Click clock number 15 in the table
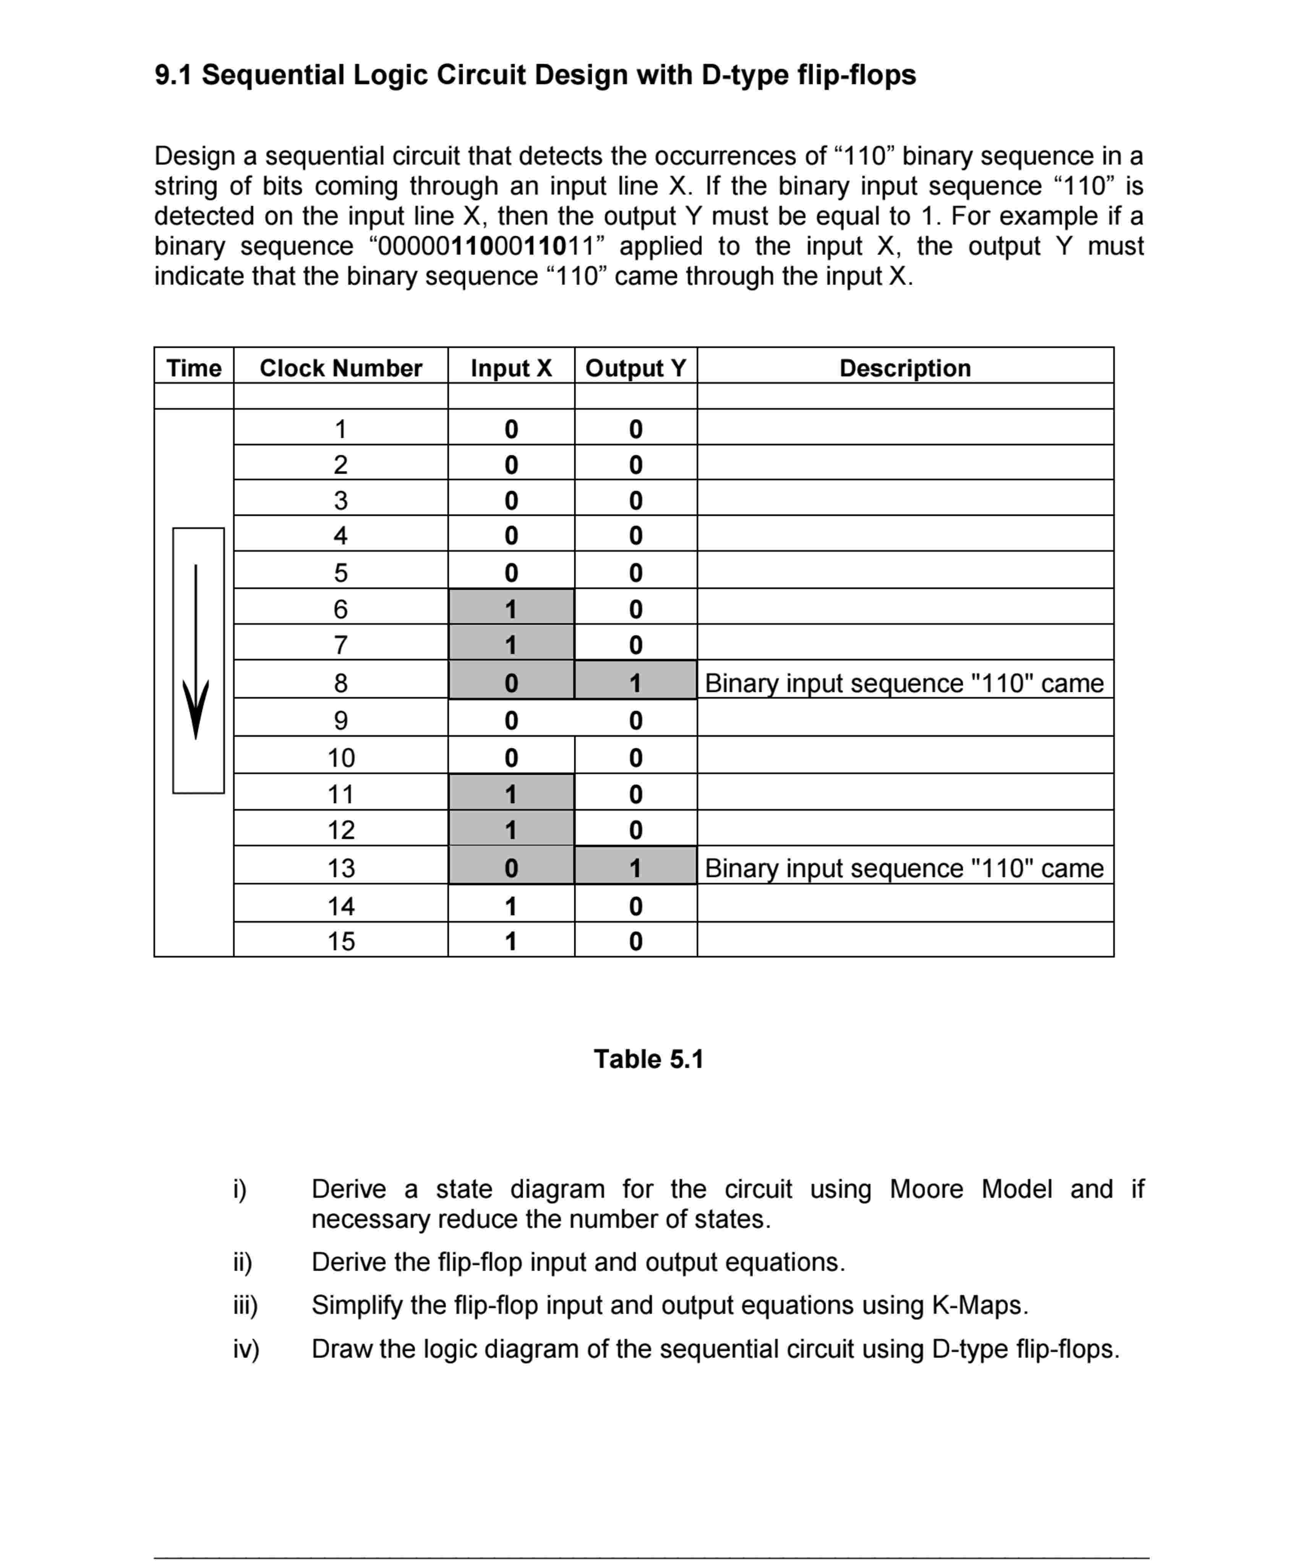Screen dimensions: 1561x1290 click(x=341, y=941)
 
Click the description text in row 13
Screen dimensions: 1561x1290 click(x=904, y=867)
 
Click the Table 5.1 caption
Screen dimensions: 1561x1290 click(x=648, y=1058)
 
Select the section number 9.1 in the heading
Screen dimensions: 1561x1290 click(x=173, y=75)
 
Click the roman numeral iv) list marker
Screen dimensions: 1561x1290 click(x=246, y=1349)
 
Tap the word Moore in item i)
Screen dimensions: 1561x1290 click(x=926, y=1189)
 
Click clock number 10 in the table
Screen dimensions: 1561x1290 click(x=341, y=757)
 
